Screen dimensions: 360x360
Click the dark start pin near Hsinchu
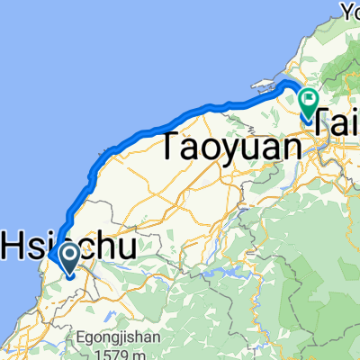tap(67, 259)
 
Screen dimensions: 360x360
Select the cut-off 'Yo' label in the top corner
tap(349, 11)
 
